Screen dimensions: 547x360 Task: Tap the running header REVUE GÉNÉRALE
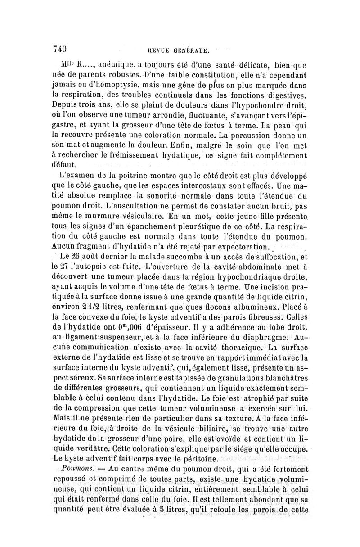coord(180,48)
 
